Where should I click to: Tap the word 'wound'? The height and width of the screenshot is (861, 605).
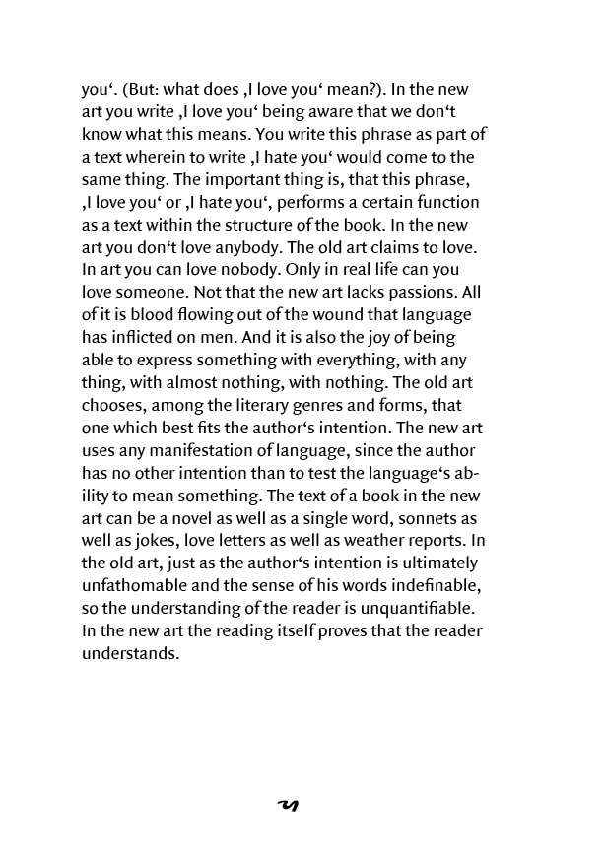(x=335, y=315)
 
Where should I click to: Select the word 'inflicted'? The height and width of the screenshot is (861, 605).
(x=151, y=338)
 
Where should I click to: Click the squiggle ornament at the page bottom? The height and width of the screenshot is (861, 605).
(x=288, y=806)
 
